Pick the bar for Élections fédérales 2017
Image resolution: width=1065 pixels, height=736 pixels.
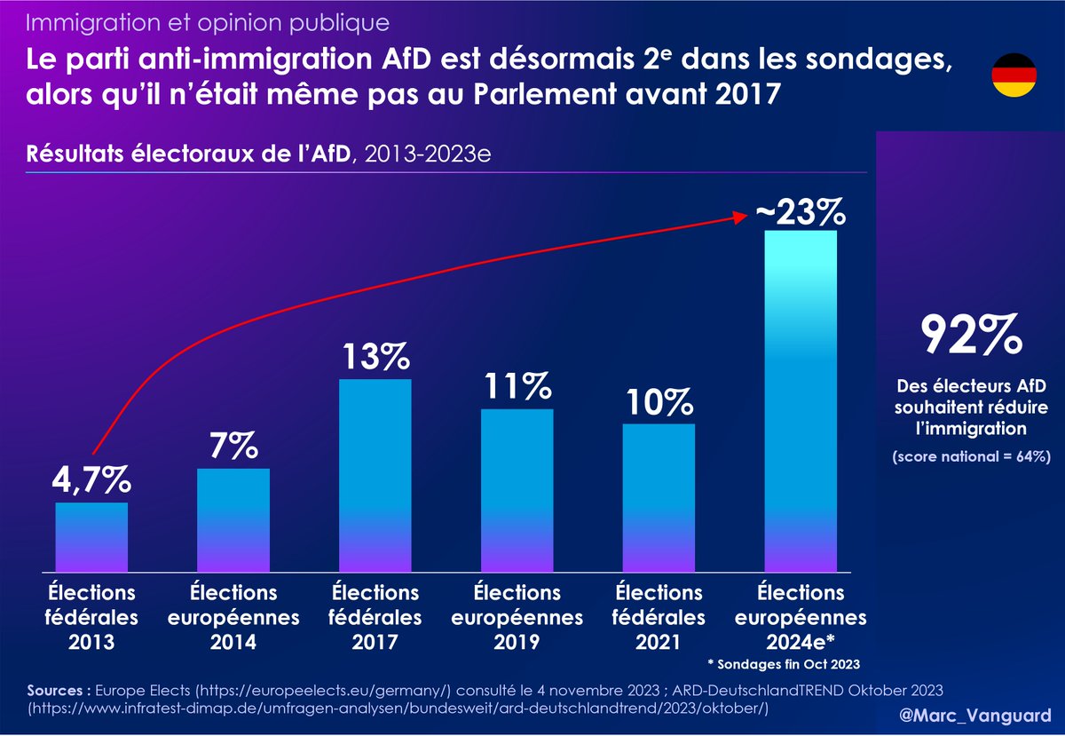pyautogui.click(x=375, y=475)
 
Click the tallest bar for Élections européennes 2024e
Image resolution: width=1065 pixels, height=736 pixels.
pyautogui.click(x=801, y=400)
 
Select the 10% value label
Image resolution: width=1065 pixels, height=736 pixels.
pyautogui.click(x=659, y=402)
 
